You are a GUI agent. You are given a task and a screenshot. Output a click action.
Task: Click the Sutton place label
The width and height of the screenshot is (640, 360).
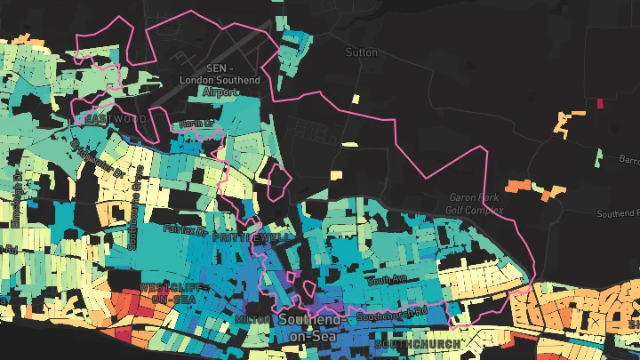point(362,52)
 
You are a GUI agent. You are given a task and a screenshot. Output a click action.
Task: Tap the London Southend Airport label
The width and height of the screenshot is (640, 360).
point(220,80)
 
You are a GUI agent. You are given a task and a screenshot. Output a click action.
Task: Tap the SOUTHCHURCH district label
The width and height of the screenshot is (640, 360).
point(417,344)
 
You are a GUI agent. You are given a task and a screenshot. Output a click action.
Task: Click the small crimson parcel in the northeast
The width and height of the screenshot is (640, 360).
point(599,103)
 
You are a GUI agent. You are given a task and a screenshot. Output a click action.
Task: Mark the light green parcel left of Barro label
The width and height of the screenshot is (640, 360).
point(599,156)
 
